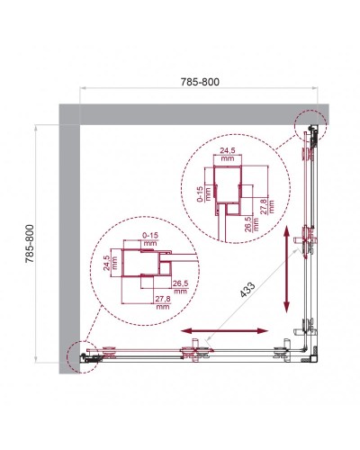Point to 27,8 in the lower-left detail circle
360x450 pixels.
pyautogui.click(x=163, y=301)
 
